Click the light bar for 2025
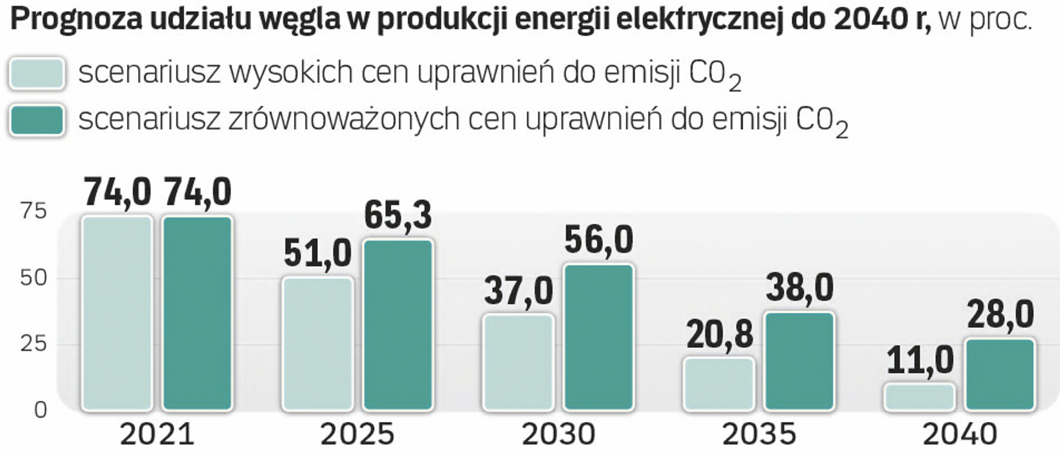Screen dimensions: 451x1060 point(317,343)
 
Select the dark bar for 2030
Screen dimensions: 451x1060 point(598,337)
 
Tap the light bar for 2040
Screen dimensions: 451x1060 point(919,397)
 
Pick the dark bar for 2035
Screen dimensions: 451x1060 point(799,361)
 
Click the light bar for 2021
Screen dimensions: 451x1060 point(117,313)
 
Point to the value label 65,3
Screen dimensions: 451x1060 point(397,215)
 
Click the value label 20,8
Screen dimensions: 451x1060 point(719,334)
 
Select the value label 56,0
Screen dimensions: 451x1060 point(598,240)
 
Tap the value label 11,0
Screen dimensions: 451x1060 point(920,360)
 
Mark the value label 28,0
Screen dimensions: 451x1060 point(1000,315)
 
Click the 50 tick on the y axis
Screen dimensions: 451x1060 point(34,278)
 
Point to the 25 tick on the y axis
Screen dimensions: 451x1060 point(34,344)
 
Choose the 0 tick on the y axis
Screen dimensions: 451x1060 point(40,410)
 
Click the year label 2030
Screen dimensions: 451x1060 point(559,434)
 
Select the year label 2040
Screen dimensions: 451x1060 point(960,434)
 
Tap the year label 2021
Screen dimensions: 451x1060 point(157,434)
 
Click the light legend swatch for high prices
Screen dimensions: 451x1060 point(37,73)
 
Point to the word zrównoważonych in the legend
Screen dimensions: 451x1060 point(344,119)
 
